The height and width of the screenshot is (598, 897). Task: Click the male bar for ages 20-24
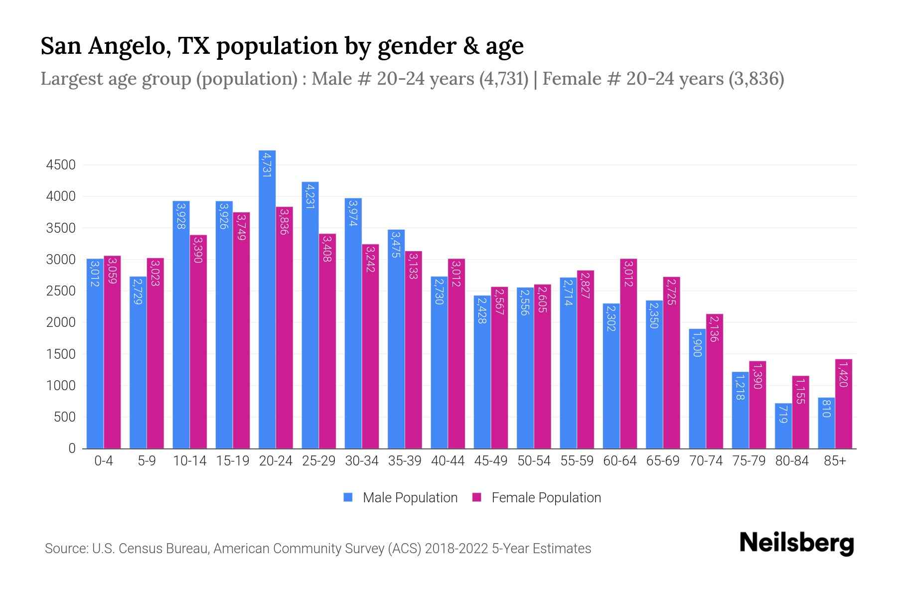coord(267,299)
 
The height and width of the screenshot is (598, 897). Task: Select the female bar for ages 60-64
coord(628,354)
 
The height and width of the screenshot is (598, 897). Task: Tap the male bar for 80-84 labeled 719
coord(783,426)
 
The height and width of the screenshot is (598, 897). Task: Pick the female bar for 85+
coord(843,404)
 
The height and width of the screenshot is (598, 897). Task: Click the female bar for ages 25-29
coord(327,341)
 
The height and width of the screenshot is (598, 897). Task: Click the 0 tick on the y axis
coord(72,448)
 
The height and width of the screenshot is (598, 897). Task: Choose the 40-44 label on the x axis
coord(448,461)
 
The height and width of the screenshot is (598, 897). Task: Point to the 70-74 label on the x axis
coord(706,461)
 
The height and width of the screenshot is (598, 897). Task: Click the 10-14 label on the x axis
coord(189,461)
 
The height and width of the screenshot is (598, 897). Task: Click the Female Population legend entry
coord(537,498)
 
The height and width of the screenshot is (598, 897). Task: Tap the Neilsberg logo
coord(796,543)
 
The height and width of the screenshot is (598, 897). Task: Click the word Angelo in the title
coord(129,46)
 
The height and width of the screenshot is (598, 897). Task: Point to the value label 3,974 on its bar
coord(353,213)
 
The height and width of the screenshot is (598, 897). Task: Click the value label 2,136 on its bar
coord(714,329)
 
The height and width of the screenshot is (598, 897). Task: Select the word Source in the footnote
coord(66,549)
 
